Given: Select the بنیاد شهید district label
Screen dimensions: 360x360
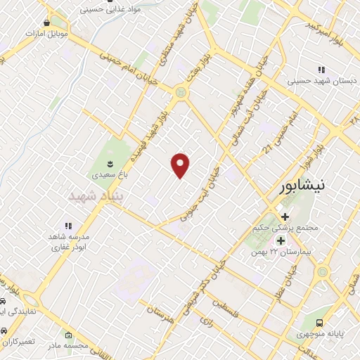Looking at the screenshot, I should click(x=96, y=197).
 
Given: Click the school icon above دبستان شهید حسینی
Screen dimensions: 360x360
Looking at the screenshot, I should click(x=321, y=70).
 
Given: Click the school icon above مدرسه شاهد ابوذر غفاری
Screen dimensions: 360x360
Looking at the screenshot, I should click(x=69, y=226).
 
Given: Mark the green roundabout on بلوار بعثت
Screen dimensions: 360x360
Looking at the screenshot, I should click(x=182, y=91).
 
